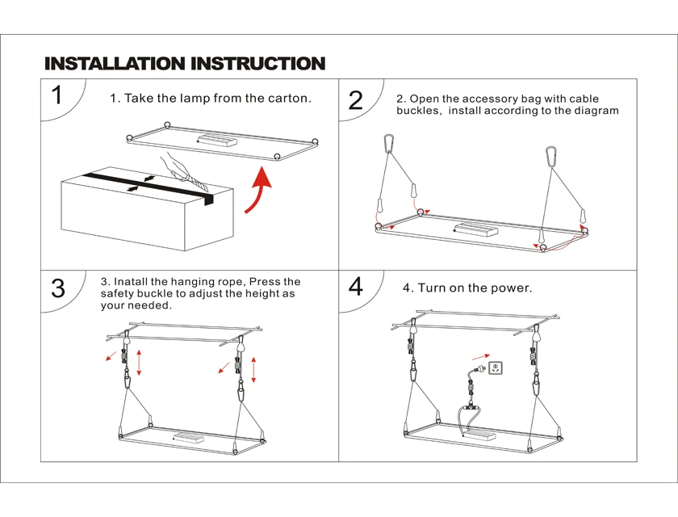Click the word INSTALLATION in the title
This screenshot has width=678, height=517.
point(114,63)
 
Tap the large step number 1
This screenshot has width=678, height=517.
point(56,95)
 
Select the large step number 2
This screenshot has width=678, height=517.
point(356,101)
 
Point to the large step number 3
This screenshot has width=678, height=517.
point(58,288)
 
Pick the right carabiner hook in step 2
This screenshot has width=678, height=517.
point(552,155)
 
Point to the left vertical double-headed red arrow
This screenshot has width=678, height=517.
point(140,361)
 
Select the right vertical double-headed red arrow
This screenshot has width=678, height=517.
point(254,368)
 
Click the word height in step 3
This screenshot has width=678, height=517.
point(243,294)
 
